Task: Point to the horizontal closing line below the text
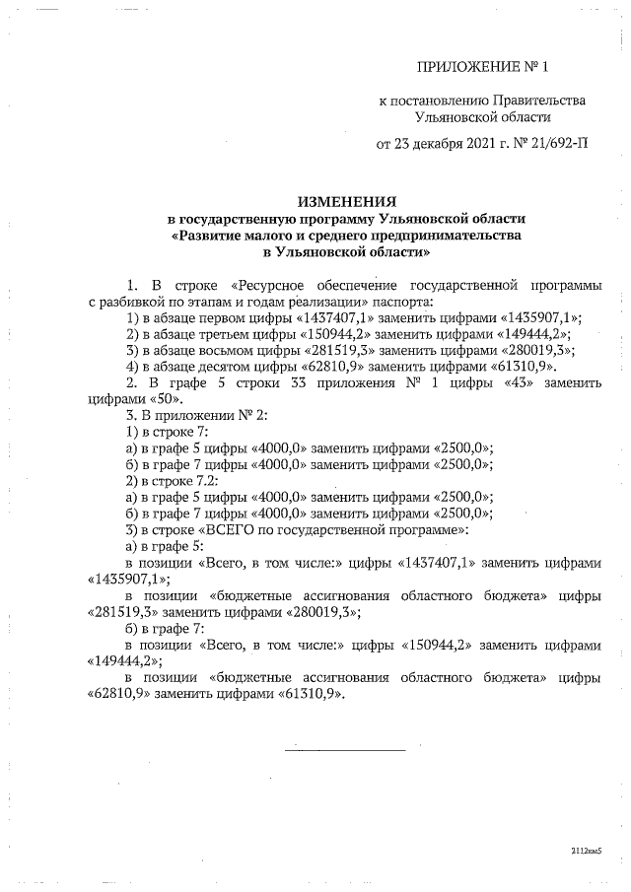(x=345, y=750)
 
